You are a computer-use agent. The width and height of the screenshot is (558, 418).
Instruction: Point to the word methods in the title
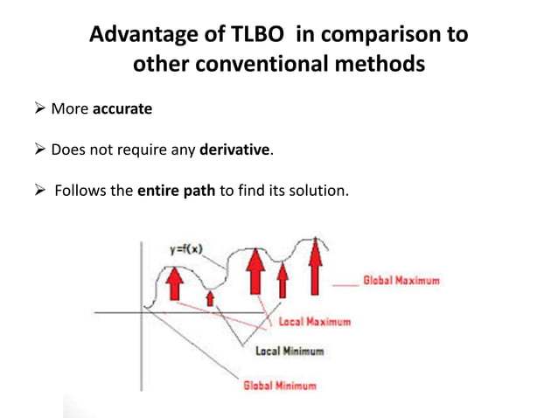point(383,65)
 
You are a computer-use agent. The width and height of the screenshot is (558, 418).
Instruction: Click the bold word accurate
point(123,109)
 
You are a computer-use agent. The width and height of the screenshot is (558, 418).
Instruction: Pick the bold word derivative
point(235,150)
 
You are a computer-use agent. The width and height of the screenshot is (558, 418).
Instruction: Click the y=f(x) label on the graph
point(185,250)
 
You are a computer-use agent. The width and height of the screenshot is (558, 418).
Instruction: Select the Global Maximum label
point(400,282)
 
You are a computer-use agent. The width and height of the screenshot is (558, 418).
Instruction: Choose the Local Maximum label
point(314,322)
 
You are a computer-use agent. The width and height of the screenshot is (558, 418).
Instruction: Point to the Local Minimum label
point(289,352)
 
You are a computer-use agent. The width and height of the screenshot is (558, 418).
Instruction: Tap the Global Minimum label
point(279,384)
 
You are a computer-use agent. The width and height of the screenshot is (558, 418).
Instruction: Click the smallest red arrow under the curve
point(208,299)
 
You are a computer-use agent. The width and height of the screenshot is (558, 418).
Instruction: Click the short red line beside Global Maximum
point(345,282)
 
